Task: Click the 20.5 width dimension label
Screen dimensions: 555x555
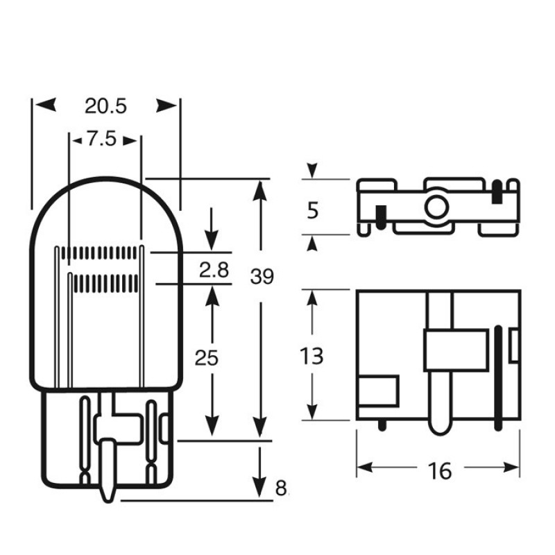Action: pyautogui.click(x=105, y=106)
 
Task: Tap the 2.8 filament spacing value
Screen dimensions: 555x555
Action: pyautogui.click(x=214, y=270)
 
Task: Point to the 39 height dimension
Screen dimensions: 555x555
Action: pyautogui.click(x=262, y=276)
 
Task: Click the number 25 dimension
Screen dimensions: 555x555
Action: pyautogui.click(x=206, y=358)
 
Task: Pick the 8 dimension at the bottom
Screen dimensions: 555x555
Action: pyautogui.click(x=281, y=489)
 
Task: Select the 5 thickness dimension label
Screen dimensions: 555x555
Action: pyautogui.click(x=313, y=211)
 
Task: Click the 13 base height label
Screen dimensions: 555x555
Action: pyautogui.click(x=311, y=356)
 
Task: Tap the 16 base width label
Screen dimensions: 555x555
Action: pyautogui.click(x=440, y=471)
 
